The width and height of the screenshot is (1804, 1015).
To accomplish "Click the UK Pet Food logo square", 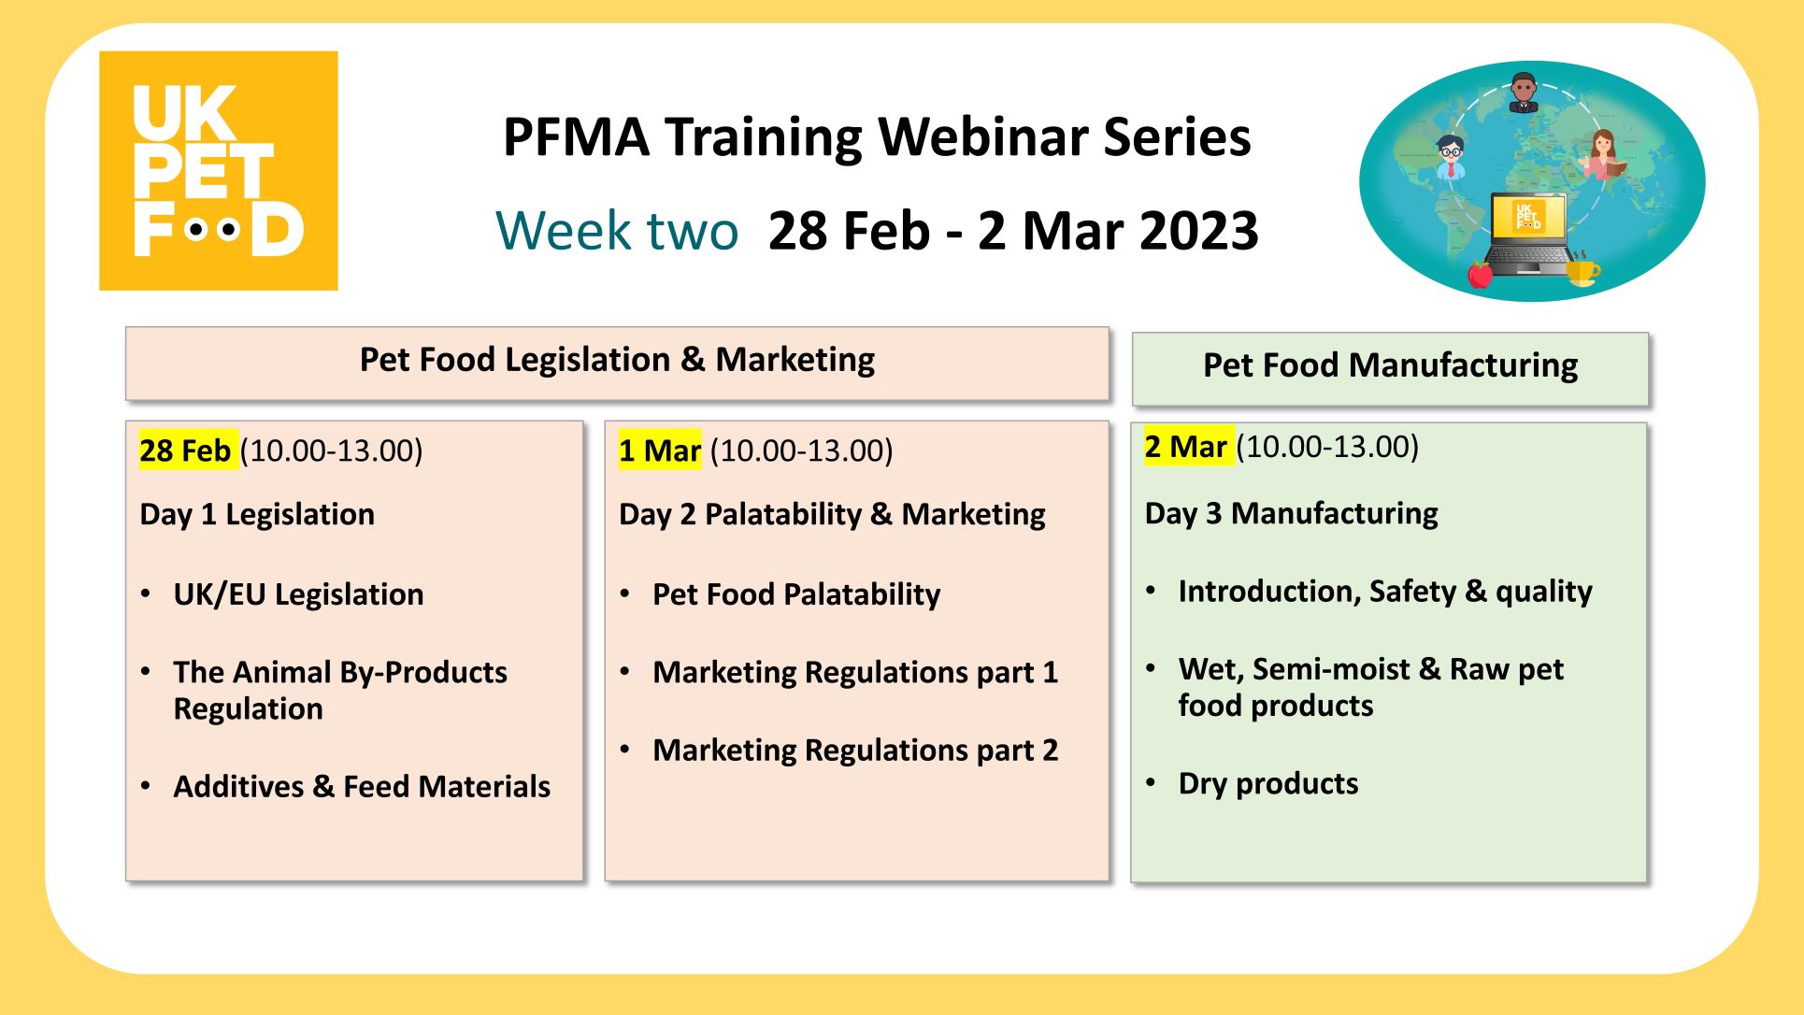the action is (x=219, y=170).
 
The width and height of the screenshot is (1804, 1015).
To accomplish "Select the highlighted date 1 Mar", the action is (x=660, y=450).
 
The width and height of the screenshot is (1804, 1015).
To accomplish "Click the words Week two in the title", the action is (x=617, y=230).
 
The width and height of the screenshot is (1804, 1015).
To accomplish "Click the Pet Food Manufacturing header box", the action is (x=1390, y=368).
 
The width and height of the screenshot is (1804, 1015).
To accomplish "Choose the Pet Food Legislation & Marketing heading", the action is (x=617, y=360).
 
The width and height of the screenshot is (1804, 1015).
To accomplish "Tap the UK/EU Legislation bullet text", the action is (x=298, y=594).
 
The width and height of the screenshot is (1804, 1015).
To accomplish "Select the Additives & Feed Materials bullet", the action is (x=362, y=786).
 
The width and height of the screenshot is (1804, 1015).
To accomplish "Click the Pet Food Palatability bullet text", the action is (x=796, y=594).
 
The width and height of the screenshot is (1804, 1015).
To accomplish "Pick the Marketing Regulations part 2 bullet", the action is (x=855, y=750).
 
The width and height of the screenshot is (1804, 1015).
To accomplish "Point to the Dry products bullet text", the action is (x=1268, y=783).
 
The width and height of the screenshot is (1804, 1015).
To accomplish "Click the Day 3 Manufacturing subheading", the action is (x=1291, y=513).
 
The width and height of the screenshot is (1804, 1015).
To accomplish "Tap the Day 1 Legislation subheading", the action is (x=257, y=514).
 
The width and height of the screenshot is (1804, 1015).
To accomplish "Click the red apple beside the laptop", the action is (x=1480, y=274).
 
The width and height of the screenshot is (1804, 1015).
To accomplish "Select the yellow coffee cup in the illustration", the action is (x=1582, y=269).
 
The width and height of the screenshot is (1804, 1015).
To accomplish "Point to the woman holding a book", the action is (x=1604, y=155).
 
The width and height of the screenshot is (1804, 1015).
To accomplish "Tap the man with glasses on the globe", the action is (x=1450, y=156).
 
